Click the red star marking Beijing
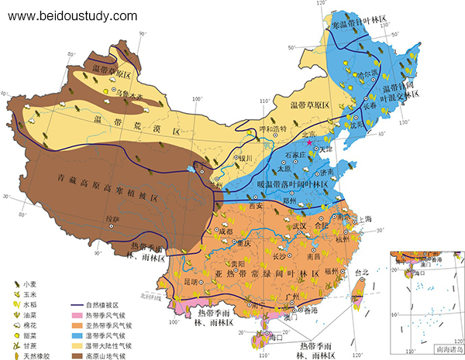click(310, 142)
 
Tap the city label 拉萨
click(112, 219)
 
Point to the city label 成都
click(225, 231)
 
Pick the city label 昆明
click(202, 279)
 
